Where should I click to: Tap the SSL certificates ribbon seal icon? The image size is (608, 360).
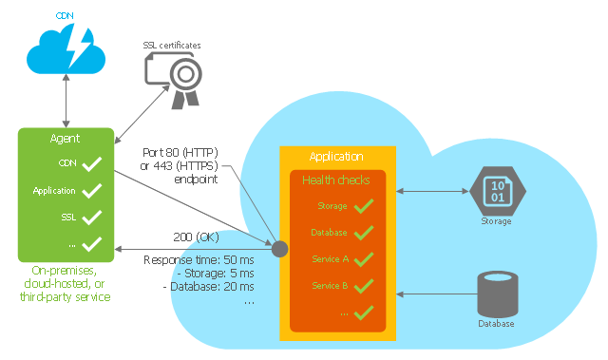173,80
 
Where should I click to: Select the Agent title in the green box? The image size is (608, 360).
65,139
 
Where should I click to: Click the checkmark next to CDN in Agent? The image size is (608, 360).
91,164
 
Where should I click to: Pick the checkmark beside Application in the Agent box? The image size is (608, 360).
91,191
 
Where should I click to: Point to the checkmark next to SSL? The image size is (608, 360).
91,218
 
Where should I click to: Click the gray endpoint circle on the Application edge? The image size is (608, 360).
279,249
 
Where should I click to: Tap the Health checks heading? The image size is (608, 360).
336,180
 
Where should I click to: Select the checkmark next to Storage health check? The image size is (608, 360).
364,206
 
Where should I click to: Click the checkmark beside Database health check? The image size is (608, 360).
364,233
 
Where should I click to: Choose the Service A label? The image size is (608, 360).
331,259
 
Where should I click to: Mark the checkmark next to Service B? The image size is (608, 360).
364,286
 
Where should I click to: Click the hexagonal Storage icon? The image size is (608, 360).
498,191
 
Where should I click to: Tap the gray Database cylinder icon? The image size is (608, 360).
498,294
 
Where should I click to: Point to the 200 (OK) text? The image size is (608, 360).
197,237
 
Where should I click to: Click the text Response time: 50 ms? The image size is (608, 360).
199,259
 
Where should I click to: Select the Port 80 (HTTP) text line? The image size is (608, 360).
180,152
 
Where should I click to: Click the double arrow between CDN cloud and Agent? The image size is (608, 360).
66,101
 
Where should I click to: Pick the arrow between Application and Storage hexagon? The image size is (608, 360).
432,191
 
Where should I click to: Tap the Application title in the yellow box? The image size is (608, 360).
336,157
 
